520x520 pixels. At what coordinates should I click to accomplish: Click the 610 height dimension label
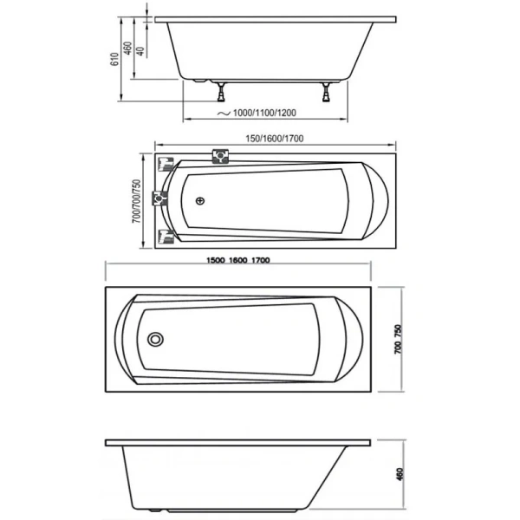pos(114,59)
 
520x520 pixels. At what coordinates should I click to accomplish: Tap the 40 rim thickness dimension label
pos(140,51)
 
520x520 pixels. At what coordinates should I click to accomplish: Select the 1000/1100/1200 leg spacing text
pos(264,113)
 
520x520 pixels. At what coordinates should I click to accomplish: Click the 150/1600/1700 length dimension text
pos(275,139)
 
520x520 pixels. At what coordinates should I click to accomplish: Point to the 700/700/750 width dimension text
pos(137,201)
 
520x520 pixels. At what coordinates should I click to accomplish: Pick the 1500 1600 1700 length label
pos(238,260)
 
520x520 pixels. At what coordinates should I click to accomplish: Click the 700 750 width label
pos(398,339)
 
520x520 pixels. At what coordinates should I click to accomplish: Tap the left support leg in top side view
pos(221,92)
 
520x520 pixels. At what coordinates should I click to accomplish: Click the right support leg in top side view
pos(327,92)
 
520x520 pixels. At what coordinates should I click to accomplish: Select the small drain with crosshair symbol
pos(200,201)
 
